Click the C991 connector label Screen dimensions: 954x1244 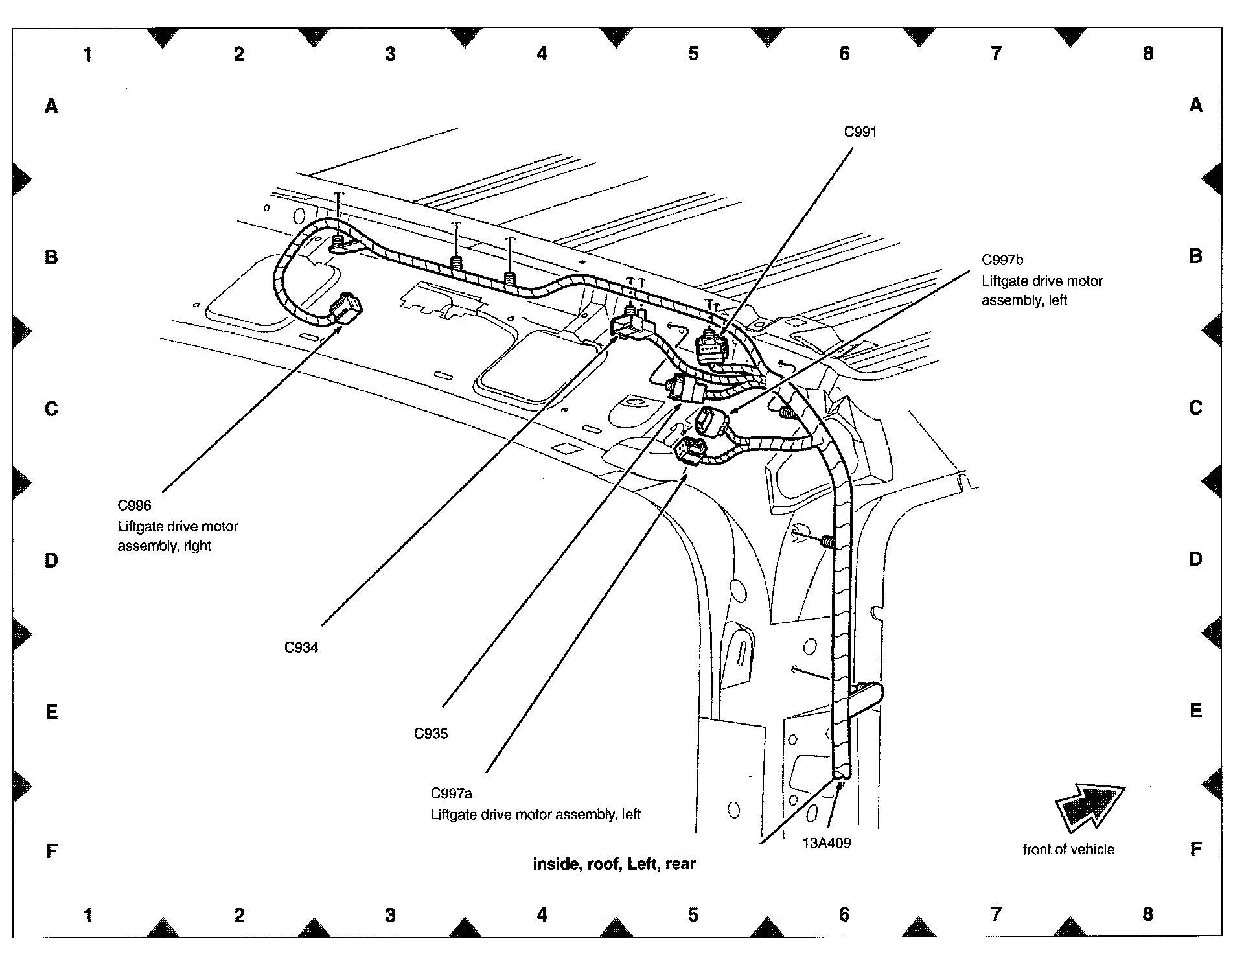point(860,132)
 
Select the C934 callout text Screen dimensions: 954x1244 point(301,647)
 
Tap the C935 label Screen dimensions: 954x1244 point(431,734)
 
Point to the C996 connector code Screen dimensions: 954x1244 point(134,506)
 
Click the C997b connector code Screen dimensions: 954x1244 point(1002,261)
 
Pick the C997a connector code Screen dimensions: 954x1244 point(452,794)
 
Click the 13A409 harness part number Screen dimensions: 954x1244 point(827,843)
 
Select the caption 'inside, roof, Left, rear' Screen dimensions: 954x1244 point(614,864)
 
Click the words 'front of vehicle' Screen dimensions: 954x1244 point(1068,850)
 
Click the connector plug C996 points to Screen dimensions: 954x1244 point(346,310)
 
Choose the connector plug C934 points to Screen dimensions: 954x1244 point(627,323)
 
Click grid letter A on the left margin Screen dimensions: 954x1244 point(51,106)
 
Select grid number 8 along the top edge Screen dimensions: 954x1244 point(1147,54)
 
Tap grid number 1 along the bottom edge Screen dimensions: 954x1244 point(87,914)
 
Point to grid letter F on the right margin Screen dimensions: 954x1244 point(1195,850)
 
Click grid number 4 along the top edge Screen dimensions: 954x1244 point(542,54)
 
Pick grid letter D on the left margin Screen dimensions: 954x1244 point(51,561)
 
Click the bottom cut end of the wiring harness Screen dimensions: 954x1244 point(840,773)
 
